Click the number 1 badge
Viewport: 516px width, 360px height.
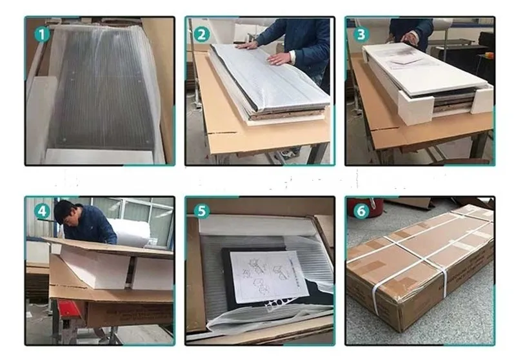tap(42, 34)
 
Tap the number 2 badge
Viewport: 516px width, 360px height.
tap(202, 34)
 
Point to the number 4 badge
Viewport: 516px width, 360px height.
tap(42, 210)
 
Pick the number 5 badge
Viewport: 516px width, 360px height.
tap(202, 210)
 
